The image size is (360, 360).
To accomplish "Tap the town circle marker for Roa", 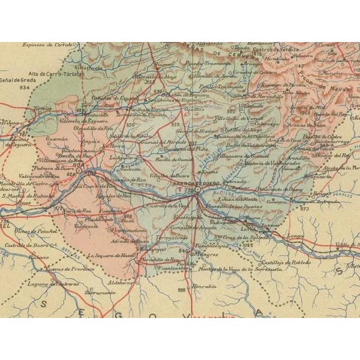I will point(88,171).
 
